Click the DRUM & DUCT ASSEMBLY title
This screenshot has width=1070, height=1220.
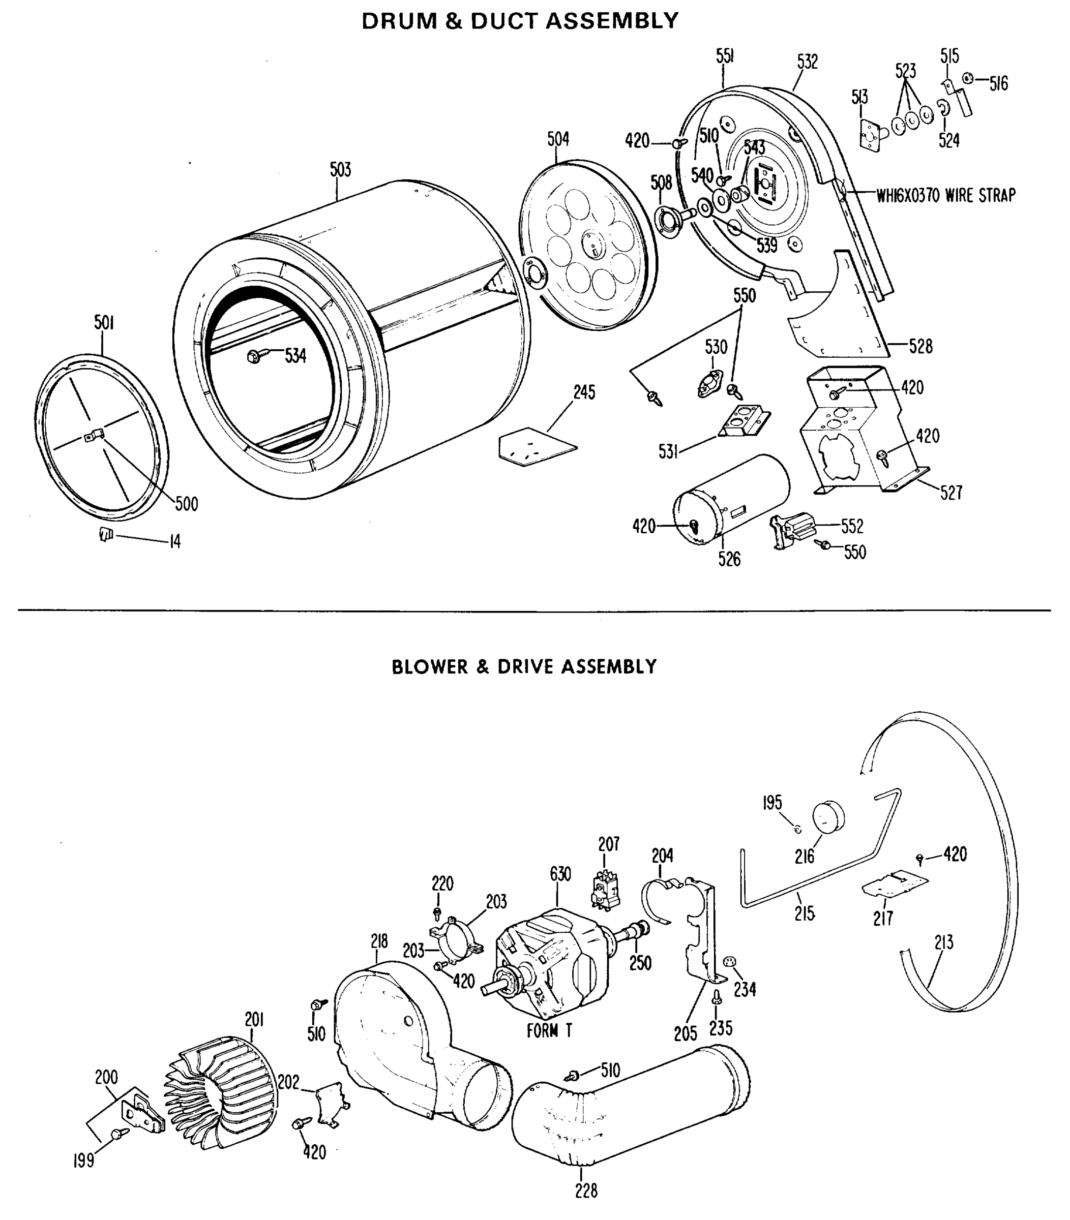pyautogui.click(x=520, y=21)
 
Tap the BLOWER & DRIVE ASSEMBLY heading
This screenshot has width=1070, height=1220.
pyautogui.click(x=524, y=667)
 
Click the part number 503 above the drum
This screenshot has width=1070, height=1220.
pyautogui.click(x=340, y=170)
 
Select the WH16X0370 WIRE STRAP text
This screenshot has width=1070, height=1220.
pyautogui.click(x=945, y=195)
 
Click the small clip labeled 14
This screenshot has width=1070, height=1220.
pyautogui.click(x=106, y=535)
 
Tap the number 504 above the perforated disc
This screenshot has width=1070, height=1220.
pyautogui.click(x=558, y=139)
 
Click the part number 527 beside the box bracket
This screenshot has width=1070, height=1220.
pyautogui.click(x=951, y=493)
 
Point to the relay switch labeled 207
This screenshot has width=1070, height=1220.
pyautogui.click(x=606, y=892)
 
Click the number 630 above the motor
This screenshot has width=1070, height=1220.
pyautogui.click(x=560, y=874)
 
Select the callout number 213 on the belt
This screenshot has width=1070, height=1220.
pyautogui.click(x=944, y=942)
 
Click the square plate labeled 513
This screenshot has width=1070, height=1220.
pyautogui.click(x=868, y=135)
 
